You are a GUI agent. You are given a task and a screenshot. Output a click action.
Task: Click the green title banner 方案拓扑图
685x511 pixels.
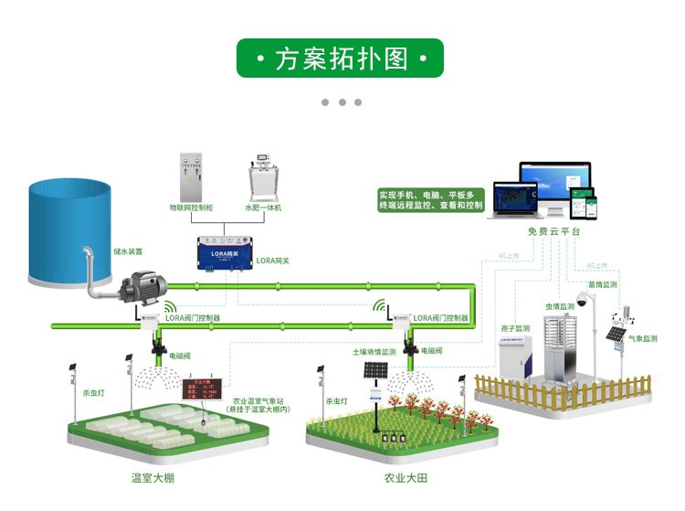341,59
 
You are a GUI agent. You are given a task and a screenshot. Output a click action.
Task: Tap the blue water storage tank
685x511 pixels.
69,229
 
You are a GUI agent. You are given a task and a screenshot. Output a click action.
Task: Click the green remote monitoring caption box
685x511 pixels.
431,200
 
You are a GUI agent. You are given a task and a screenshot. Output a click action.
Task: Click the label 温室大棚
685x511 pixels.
153,478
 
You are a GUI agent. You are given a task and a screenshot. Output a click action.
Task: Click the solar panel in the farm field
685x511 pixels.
375,371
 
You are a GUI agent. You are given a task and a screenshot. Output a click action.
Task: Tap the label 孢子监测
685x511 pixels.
515,328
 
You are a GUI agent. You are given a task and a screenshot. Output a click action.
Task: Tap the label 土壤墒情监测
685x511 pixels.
374,351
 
